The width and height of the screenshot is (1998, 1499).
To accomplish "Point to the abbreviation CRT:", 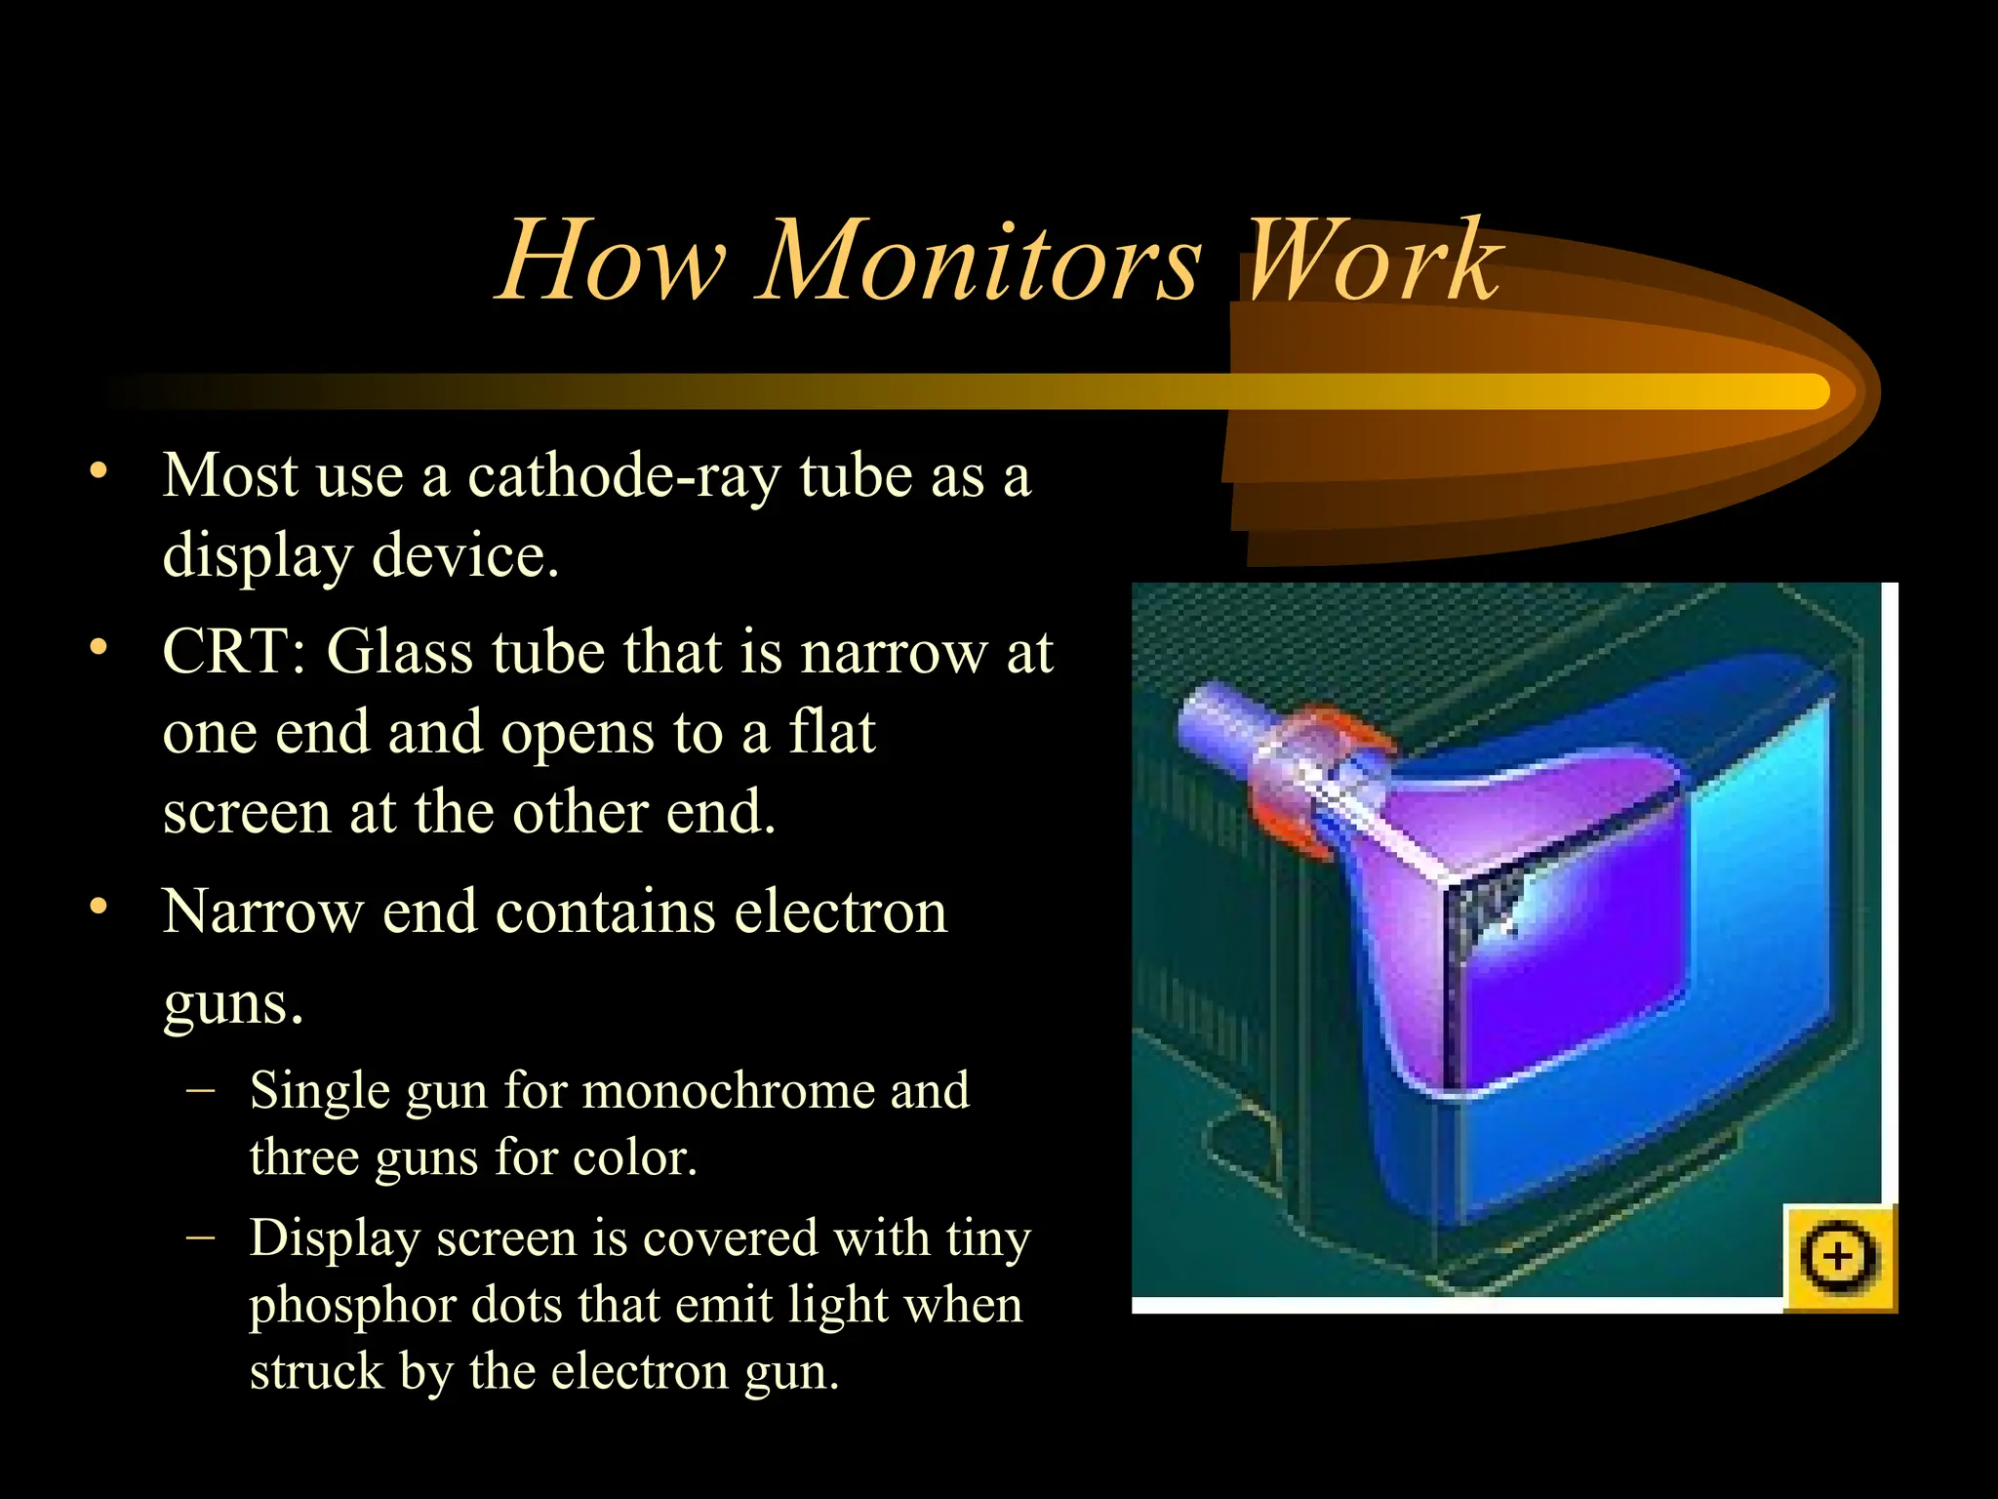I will click(234, 651).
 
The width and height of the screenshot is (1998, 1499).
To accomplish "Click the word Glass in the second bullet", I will click(399, 651).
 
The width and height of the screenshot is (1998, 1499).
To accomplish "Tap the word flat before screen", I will click(831, 732).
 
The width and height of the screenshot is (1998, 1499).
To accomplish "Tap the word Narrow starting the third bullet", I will click(262, 912).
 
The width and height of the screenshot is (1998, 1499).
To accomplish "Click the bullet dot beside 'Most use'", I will click(98, 472).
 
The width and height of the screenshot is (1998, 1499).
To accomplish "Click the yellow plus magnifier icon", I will click(1838, 1257).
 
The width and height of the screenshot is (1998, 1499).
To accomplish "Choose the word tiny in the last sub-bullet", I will click(987, 1239).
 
